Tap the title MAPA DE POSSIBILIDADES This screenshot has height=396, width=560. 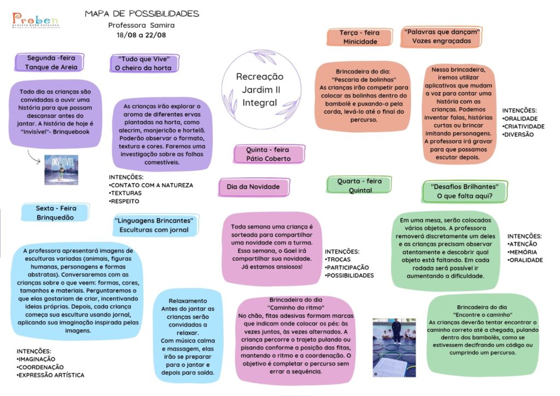point(142,14)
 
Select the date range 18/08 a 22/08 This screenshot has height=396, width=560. point(141,35)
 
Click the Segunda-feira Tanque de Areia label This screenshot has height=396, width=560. point(50,62)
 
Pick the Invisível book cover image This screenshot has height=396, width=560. point(61,170)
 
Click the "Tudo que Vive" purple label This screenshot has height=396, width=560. point(144,63)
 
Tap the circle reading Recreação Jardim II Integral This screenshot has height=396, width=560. point(261,89)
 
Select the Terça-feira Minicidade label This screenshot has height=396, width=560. point(360,37)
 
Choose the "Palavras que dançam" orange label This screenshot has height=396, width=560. point(441,37)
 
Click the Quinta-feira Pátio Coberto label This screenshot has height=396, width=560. point(269,154)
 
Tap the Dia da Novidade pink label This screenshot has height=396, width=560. point(254,187)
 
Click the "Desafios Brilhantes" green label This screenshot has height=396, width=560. point(464,191)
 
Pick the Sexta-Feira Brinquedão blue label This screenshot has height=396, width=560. point(55,213)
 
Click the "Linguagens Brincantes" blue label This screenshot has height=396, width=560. point(155,225)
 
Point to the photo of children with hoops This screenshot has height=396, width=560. point(394,347)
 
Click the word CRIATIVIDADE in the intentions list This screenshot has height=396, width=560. point(524,126)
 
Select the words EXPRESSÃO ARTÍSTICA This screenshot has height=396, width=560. point(51,375)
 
